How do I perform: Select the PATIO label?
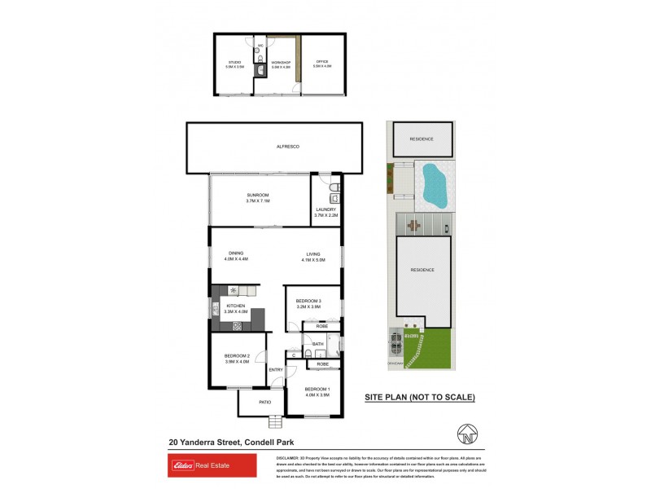(264, 402)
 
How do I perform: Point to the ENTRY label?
(277, 371)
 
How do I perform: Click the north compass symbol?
(466, 434)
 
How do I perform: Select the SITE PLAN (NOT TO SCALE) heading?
(418, 397)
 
